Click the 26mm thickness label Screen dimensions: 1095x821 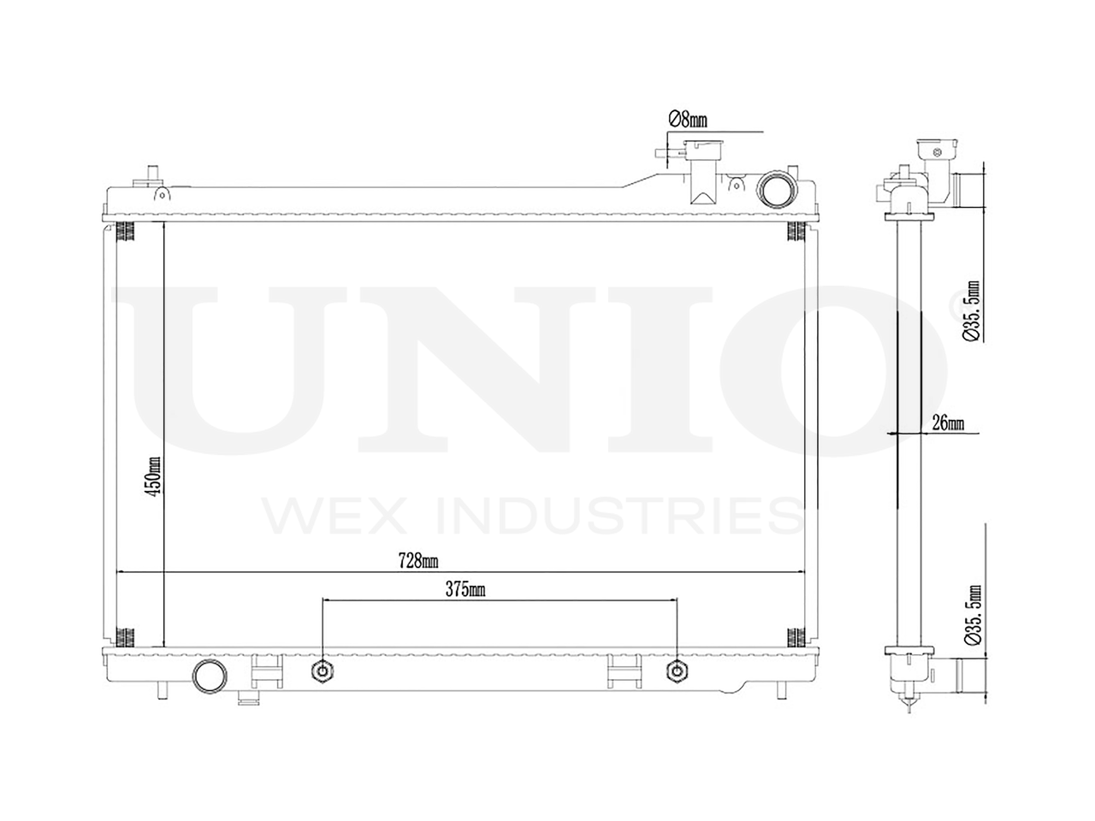coord(948,423)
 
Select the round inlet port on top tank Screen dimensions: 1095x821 coord(775,188)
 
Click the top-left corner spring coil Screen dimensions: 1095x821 coord(127,232)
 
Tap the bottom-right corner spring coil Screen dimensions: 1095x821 coord(796,636)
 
